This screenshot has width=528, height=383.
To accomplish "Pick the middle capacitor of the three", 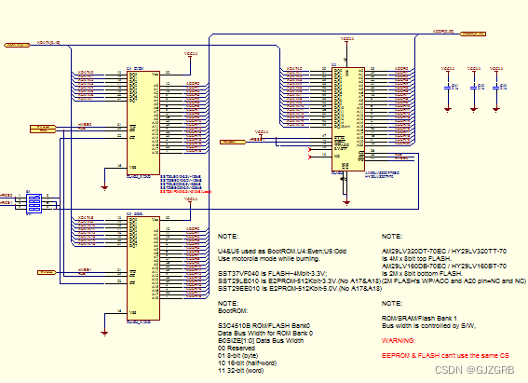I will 475,86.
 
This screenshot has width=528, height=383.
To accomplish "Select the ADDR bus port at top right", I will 472,34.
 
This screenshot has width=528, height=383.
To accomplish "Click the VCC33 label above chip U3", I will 346,40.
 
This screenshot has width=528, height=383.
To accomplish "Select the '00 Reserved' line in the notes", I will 237,347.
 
